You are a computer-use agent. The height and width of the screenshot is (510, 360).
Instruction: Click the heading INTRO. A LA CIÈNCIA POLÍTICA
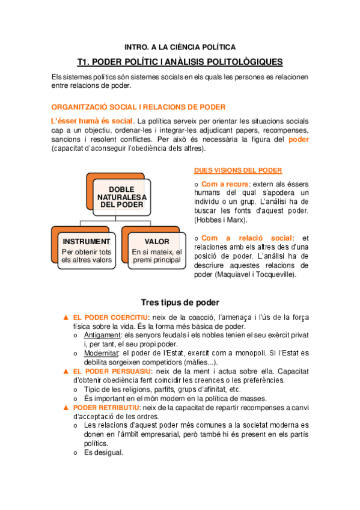[180, 47]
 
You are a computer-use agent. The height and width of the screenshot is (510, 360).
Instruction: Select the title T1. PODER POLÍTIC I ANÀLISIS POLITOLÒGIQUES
[180, 62]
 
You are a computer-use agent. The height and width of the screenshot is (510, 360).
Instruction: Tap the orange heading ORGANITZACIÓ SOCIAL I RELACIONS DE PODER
[138, 107]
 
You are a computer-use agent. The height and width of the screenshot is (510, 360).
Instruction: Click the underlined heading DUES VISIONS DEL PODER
[239, 171]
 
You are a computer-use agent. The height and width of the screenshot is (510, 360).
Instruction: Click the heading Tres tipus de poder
[180, 302]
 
